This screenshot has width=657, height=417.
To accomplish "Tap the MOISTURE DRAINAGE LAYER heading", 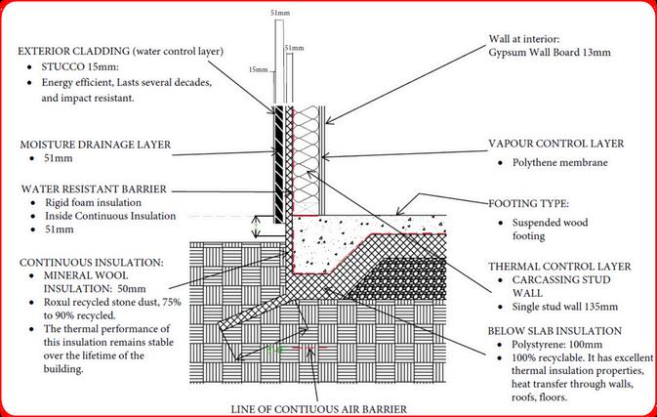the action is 95,144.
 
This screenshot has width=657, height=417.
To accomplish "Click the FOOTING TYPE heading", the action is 527,204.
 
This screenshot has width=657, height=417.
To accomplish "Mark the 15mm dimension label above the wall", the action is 257,69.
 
